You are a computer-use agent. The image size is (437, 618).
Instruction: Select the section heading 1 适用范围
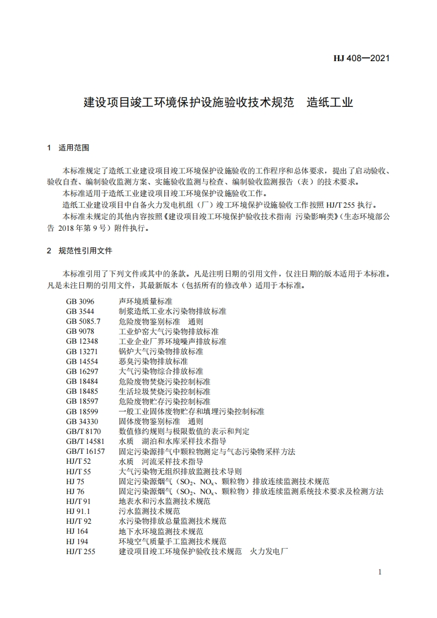tap(68, 148)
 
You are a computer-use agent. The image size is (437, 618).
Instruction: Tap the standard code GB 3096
tap(80, 302)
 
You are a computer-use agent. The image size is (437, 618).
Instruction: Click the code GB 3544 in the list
tap(80, 311)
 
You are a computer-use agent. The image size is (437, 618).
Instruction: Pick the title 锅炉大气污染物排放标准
tap(161, 351)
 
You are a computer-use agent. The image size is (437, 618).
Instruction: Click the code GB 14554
tap(83, 361)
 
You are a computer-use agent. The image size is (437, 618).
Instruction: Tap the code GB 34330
tap(83, 421)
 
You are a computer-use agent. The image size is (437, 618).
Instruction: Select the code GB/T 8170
tap(84, 431)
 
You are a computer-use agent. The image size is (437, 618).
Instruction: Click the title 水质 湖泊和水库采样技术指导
tap(172, 441)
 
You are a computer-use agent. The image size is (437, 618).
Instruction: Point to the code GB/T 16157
tap(85, 452)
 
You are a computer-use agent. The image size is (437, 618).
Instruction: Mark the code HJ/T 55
tap(78, 471)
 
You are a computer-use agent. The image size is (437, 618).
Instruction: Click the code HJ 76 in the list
tap(75, 491)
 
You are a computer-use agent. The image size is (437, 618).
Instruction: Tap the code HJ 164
tap(77, 532)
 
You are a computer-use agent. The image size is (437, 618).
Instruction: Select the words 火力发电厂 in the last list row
tap(269, 551)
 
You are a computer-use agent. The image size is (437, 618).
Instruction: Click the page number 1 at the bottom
tap(380, 572)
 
